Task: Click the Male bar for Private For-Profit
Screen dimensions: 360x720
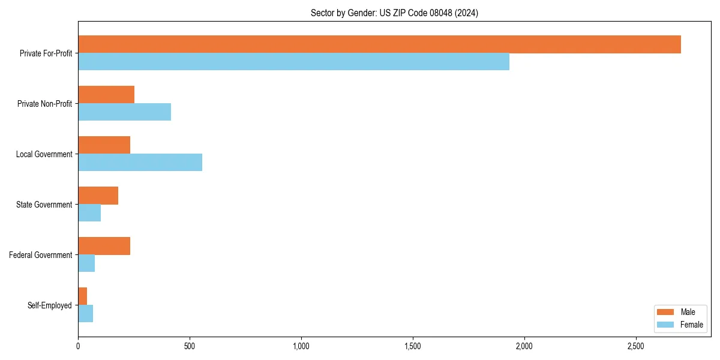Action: click(379, 44)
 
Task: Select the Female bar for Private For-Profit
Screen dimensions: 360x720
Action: click(293, 62)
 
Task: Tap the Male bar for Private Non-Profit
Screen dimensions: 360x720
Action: click(106, 95)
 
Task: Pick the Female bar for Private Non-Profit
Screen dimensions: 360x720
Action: click(124, 112)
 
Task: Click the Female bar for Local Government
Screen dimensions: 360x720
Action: click(140, 163)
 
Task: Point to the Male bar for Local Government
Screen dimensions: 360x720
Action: click(104, 145)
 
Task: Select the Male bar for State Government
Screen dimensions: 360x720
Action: click(98, 196)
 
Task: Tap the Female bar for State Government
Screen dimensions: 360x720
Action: click(89, 213)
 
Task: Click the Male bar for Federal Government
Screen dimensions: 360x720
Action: click(104, 246)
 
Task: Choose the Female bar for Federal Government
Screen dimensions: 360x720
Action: click(86, 263)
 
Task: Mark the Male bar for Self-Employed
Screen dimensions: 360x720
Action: click(82, 296)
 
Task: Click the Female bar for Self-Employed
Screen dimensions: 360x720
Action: click(85, 314)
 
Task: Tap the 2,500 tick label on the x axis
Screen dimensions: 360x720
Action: click(636, 346)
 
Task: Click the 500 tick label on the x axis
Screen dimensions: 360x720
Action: click(190, 346)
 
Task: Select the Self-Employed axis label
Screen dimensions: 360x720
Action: click(49, 305)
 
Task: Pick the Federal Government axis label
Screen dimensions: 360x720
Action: click(40, 255)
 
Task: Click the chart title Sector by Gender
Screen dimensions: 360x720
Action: click(394, 13)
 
